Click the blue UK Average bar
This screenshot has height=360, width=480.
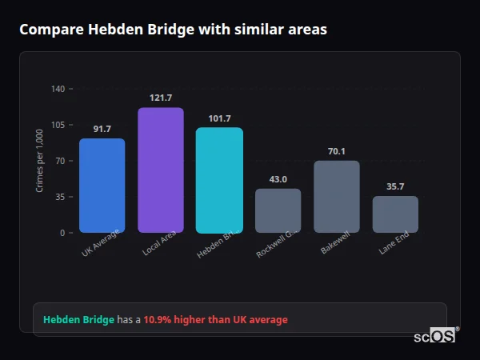[102, 186]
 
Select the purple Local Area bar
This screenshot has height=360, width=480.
[161, 170]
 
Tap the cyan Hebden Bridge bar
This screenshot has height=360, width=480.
[219, 180]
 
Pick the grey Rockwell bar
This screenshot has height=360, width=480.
[278, 210]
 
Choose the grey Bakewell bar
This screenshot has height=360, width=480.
[337, 197]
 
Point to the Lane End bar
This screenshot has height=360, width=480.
[395, 214]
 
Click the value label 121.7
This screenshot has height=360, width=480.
[161, 98]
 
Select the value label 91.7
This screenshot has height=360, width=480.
[102, 129]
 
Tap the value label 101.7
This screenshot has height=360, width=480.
[219, 118]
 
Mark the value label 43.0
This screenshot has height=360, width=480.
[278, 179]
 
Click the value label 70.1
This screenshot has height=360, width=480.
[337, 151]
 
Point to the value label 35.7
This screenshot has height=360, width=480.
[395, 186]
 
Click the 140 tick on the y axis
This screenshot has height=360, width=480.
[58, 89]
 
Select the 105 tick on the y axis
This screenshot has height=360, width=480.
[58, 125]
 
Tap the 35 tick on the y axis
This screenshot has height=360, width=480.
[59, 197]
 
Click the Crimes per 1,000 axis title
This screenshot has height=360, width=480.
[39, 161]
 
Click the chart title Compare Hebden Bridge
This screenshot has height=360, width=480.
[173, 29]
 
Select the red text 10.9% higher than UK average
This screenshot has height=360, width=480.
[215, 320]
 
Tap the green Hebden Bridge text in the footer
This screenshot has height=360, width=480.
[78, 320]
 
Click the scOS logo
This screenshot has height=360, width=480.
[435, 336]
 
